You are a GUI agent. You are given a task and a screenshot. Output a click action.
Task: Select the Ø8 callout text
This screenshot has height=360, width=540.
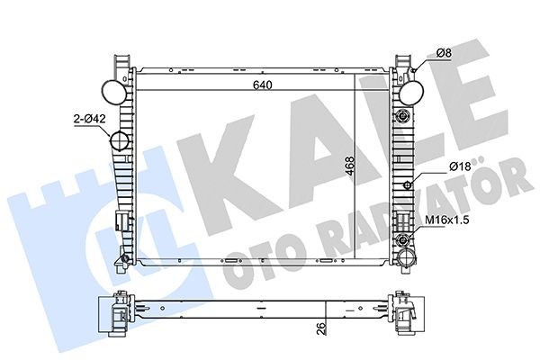444,54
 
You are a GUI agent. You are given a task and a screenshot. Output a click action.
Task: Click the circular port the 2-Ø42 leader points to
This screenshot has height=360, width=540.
119,143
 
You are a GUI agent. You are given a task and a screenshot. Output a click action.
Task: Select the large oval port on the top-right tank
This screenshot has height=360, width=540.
410,91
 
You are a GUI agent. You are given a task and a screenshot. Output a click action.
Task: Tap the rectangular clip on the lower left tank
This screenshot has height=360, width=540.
119,221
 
